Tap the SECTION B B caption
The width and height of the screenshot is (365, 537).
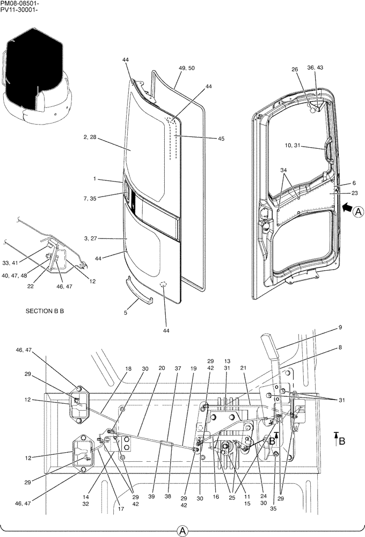[x=45, y=311]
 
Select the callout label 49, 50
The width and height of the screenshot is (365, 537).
[x=186, y=68]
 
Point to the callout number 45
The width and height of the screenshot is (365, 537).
[x=221, y=139]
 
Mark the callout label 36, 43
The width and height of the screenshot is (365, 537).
[x=315, y=68]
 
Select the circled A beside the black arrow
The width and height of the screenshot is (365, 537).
[x=359, y=213]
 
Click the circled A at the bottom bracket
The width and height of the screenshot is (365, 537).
[x=182, y=531]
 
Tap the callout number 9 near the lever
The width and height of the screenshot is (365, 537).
[x=340, y=327]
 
